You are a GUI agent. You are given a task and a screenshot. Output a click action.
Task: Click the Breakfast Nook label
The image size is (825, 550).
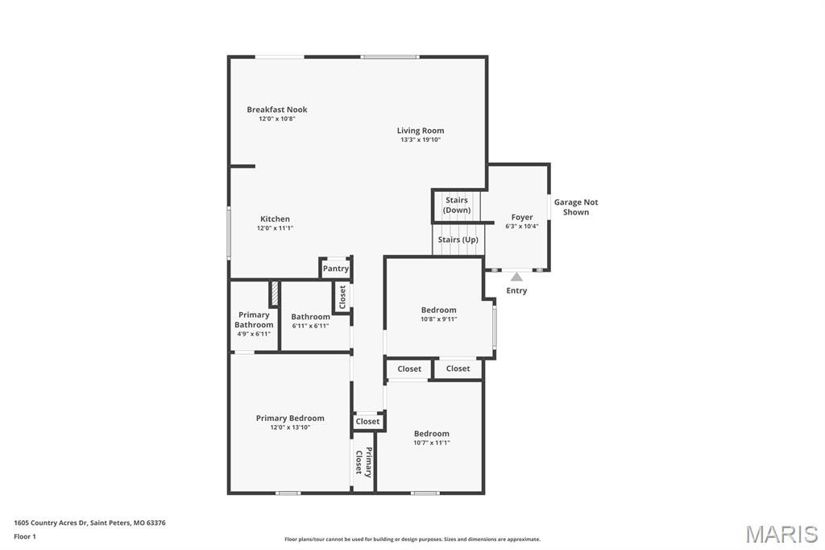(276, 110)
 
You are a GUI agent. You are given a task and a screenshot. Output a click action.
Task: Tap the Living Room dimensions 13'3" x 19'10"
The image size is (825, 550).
(420, 140)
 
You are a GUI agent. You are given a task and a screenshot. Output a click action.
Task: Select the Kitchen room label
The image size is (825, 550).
(275, 219)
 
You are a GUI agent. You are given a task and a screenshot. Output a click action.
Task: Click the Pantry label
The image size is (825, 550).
(335, 269)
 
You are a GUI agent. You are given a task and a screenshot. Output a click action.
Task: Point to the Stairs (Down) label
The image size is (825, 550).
(457, 205)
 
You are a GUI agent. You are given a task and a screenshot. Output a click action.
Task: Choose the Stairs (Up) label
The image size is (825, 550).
(458, 240)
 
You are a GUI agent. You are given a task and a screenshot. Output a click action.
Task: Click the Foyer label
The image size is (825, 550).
(522, 217)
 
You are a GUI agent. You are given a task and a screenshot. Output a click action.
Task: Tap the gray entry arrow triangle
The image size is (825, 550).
(516, 277)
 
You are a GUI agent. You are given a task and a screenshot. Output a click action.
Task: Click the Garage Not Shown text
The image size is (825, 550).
(576, 207)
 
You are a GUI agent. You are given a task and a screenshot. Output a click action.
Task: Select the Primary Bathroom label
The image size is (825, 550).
(254, 319)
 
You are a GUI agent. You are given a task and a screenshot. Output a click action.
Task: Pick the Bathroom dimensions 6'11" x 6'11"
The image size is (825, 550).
(310, 326)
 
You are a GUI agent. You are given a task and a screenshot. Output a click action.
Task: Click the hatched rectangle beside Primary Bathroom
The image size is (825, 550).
(274, 293)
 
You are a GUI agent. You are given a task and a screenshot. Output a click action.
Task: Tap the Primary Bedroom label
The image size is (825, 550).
(290, 418)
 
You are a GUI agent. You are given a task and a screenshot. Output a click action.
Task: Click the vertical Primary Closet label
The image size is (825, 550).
(363, 462)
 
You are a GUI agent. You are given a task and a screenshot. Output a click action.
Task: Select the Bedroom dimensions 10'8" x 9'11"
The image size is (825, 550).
(438, 319)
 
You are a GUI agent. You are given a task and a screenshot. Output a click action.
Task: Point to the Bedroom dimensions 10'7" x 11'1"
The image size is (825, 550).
(431, 442)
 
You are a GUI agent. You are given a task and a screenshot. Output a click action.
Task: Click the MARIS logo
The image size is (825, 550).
(781, 534)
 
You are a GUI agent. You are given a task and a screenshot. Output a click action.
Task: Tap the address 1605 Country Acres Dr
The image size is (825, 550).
(89, 523)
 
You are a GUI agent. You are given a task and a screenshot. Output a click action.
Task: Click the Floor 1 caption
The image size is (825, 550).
(25, 536)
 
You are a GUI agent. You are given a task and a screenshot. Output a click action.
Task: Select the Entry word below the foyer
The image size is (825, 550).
(516, 290)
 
